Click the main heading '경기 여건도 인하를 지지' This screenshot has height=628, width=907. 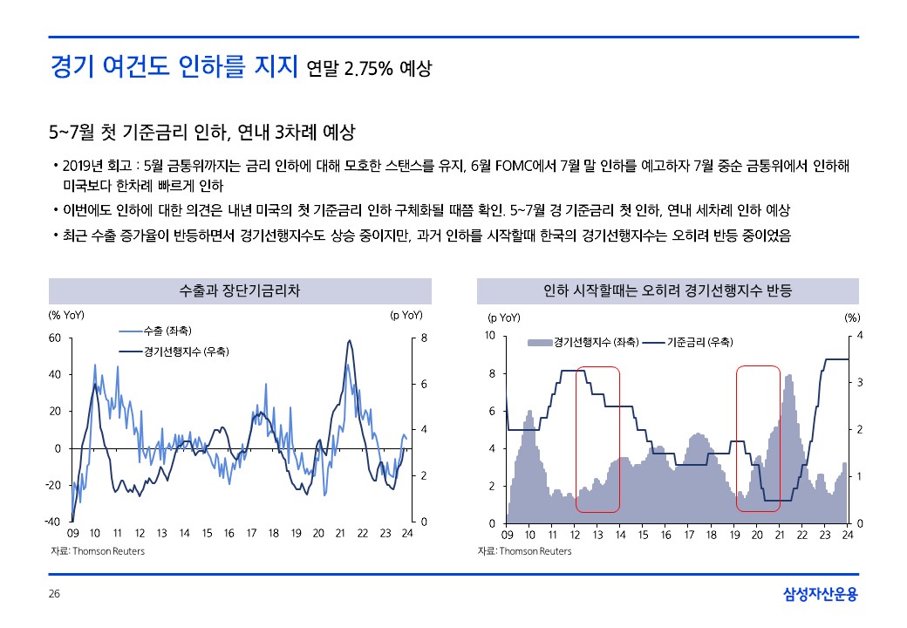[x=174, y=67]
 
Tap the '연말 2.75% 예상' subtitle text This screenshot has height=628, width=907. [x=370, y=69]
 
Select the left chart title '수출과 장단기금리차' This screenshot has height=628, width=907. [x=239, y=290]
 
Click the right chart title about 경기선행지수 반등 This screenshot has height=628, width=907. [x=667, y=290]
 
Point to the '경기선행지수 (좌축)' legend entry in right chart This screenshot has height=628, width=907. [x=583, y=342]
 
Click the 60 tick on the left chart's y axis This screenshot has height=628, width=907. [x=54, y=337]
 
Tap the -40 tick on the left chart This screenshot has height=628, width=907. [x=53, y=522]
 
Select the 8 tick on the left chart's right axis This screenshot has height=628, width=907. [x=425, y=337]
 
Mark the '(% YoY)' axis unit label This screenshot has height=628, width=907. [x=65, y=316]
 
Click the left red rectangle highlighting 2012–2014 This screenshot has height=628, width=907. [x=597, y=439]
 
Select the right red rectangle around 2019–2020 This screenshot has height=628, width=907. [x=758, y=439]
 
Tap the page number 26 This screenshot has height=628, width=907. [x=54, y=595]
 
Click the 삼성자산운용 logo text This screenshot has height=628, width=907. [x=820, y=595]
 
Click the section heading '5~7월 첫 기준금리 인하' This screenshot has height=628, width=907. [x=202, y=133]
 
